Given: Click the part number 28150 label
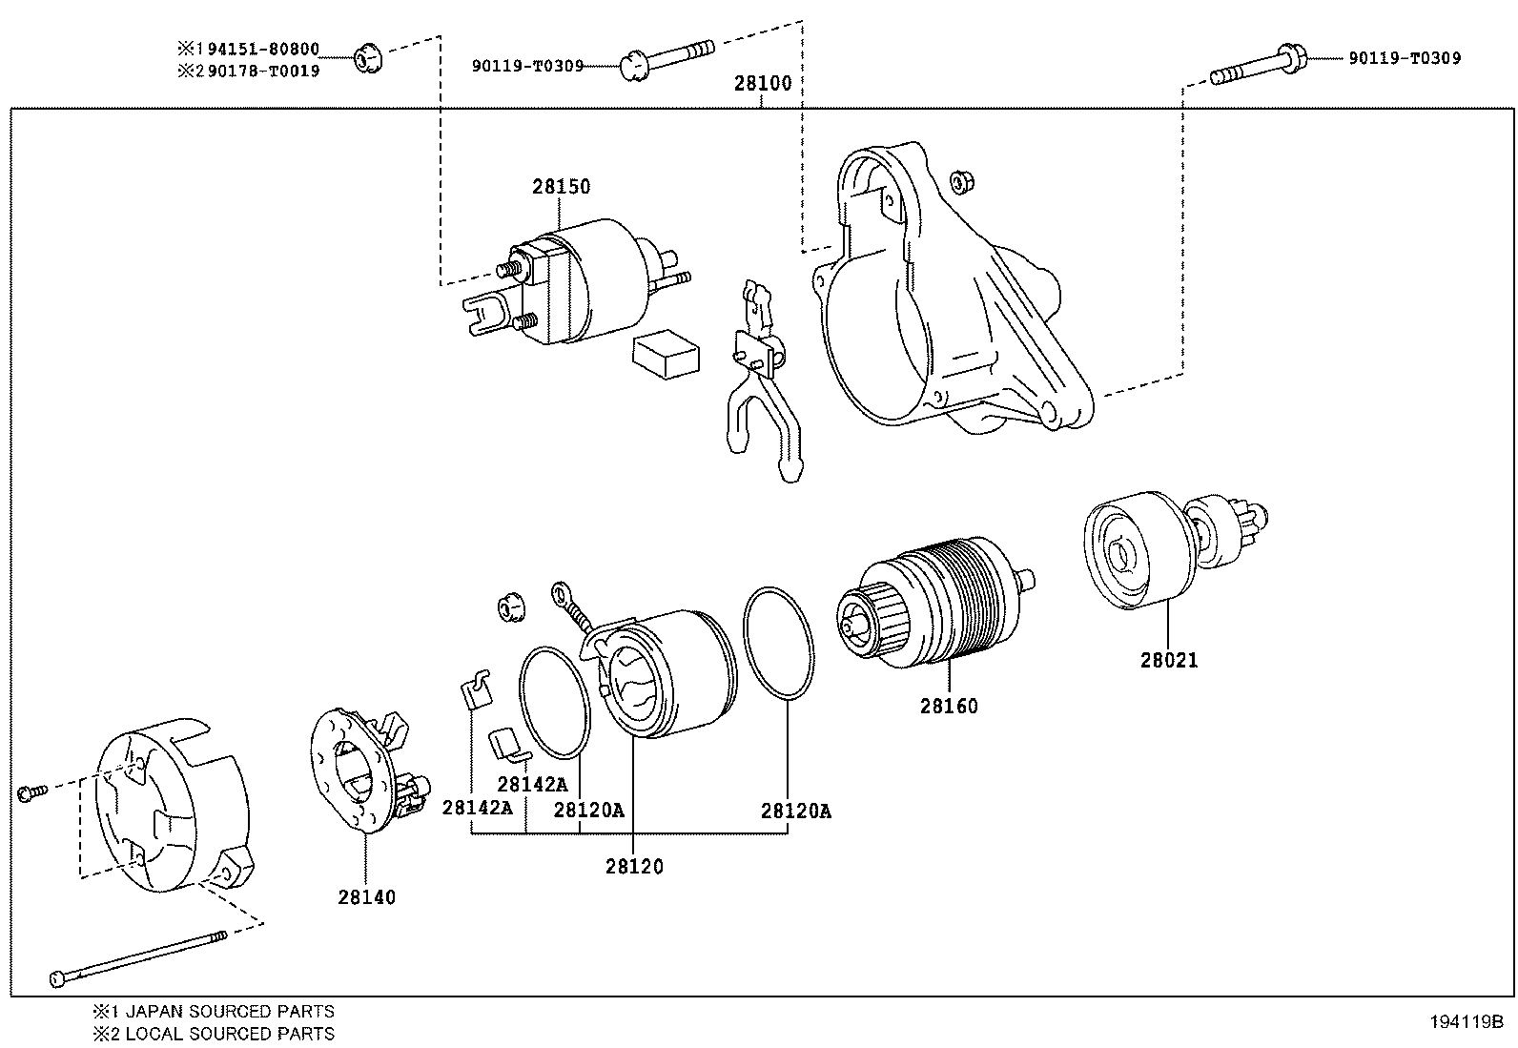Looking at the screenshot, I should [x=561, y=187].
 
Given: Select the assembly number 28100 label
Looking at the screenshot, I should [x=762, y=83].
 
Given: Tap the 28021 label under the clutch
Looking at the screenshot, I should [x=1168, y=660].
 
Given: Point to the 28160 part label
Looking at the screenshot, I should [x=949, y=707].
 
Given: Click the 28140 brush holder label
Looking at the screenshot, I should [x=366, y=897].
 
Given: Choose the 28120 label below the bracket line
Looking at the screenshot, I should [x=633, y=867].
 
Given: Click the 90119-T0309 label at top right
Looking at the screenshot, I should [x=1404, y=58].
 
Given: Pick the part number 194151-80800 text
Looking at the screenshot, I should [x=256, y=49].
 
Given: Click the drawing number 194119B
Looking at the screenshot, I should [x=1465, y=1021].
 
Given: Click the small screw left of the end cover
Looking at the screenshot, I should [x=30, y=792].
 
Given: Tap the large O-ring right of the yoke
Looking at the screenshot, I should [x=778, y=644].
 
